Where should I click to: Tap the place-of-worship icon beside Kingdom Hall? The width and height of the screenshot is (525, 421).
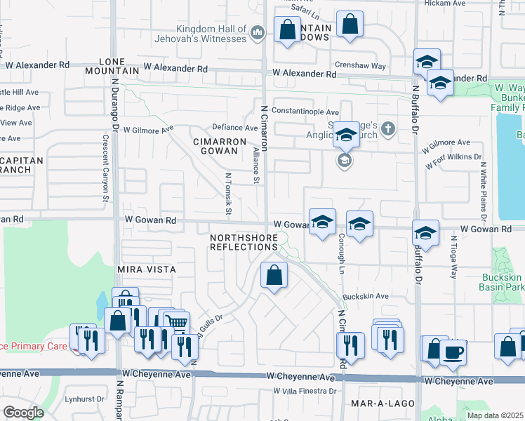(x=257, y=32)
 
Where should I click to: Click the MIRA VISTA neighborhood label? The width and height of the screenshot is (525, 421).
(x=146, y=269)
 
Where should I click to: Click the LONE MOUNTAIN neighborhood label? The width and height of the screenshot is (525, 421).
(x=112, y=66)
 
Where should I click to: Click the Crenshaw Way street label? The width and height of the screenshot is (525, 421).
(x=361, y=66)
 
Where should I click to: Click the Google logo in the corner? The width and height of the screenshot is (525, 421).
(x=23, y=413)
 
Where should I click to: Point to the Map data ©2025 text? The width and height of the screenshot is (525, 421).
(x=496, y=415)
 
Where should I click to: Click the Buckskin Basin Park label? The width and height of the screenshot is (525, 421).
(x=502, y=281)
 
